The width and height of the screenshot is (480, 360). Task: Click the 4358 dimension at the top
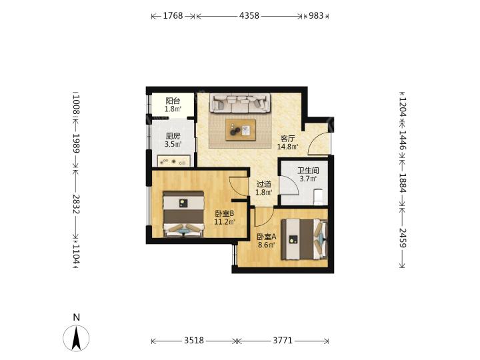pyautogui.click(x=249, y=15)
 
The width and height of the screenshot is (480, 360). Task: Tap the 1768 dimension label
pyautogui.click(x=173, y=15)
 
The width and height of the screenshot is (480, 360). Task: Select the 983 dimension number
pyautogui.click(x=316, y=15)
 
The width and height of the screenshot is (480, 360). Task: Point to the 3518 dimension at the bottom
pyautogui.click(x=194, y=340)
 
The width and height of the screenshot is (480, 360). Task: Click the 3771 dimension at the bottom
pyautogui.click(x=283, y=340)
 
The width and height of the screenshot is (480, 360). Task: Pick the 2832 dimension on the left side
pyautogui.click(x=76, y=204)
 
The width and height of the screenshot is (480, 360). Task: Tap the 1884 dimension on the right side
pyautogui.click(x=403, y=183)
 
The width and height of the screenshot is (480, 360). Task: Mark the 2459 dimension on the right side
pyautogui.click(x=403, y=238)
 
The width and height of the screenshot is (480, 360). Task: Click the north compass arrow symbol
pyautogui.click(x=76, y=338)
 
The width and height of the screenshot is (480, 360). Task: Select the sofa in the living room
pyautogui.click(x=240, y=103)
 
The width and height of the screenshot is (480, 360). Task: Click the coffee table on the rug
pyautogui.click(x=241, y=130)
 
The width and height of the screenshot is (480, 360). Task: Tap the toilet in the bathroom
pyautogui.click(x=319, y=197)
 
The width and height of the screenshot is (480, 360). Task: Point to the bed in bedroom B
pyautogui.click(x=183, y=214)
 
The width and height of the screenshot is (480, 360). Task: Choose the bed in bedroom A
pyautogui.click(x=304, y=239)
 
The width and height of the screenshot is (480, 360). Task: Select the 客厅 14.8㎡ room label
pyautogui.click(x=288, y=143)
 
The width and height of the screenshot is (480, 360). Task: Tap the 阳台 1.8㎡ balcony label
pyautogui.click(x=173, y=105)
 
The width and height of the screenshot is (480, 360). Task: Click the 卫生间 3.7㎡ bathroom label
pyautogui.click(x=308, y=175)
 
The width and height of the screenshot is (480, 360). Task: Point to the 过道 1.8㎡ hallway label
pyautogui.click(x=264, y=188)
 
